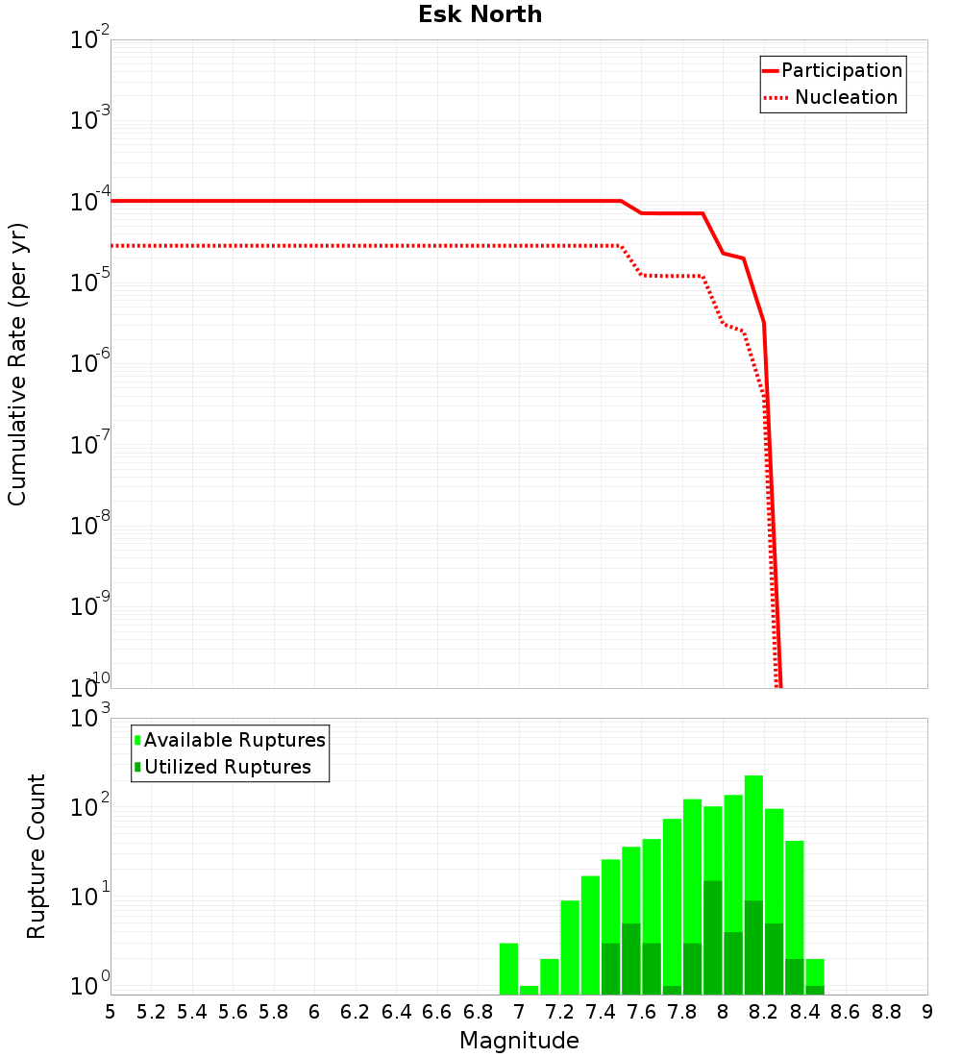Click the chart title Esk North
pos(480,14)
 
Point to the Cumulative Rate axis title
pos(17,363)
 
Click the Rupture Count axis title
pos(37,856)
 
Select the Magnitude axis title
pos(519,1041)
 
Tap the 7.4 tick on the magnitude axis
pos(601,1012)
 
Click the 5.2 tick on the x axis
pos(151,1012)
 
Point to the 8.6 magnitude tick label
pos(846,1012)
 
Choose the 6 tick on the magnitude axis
pos(314,1012)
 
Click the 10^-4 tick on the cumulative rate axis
pos(90,202)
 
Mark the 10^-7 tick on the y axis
pos(90,445)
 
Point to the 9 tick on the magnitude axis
pos(927,1012)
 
